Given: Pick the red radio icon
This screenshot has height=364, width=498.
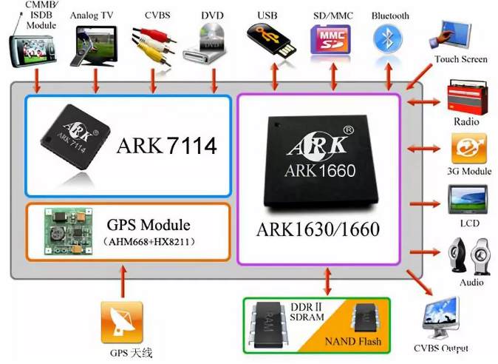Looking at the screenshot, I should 466,98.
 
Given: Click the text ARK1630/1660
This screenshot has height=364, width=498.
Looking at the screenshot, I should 318,229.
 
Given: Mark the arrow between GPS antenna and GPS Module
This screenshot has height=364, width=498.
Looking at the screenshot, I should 122,281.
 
